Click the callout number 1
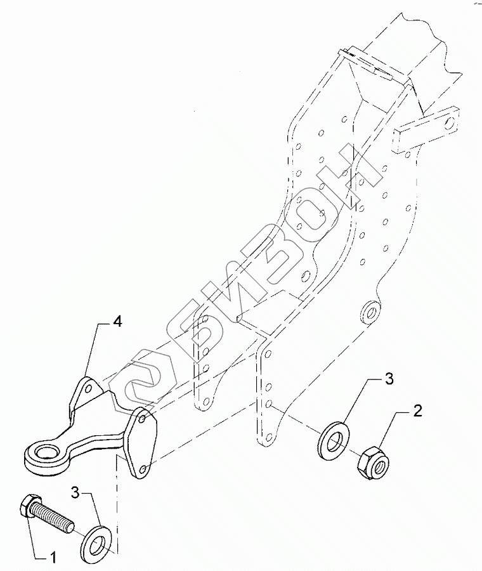pyautogui.click(x=54, y=558)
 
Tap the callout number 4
pyautogui.click(x=117, y=322)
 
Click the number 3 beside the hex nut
pyautogui.click(x=388, y=379)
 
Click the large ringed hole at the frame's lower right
pyautogui.click(x=369, y=311)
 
